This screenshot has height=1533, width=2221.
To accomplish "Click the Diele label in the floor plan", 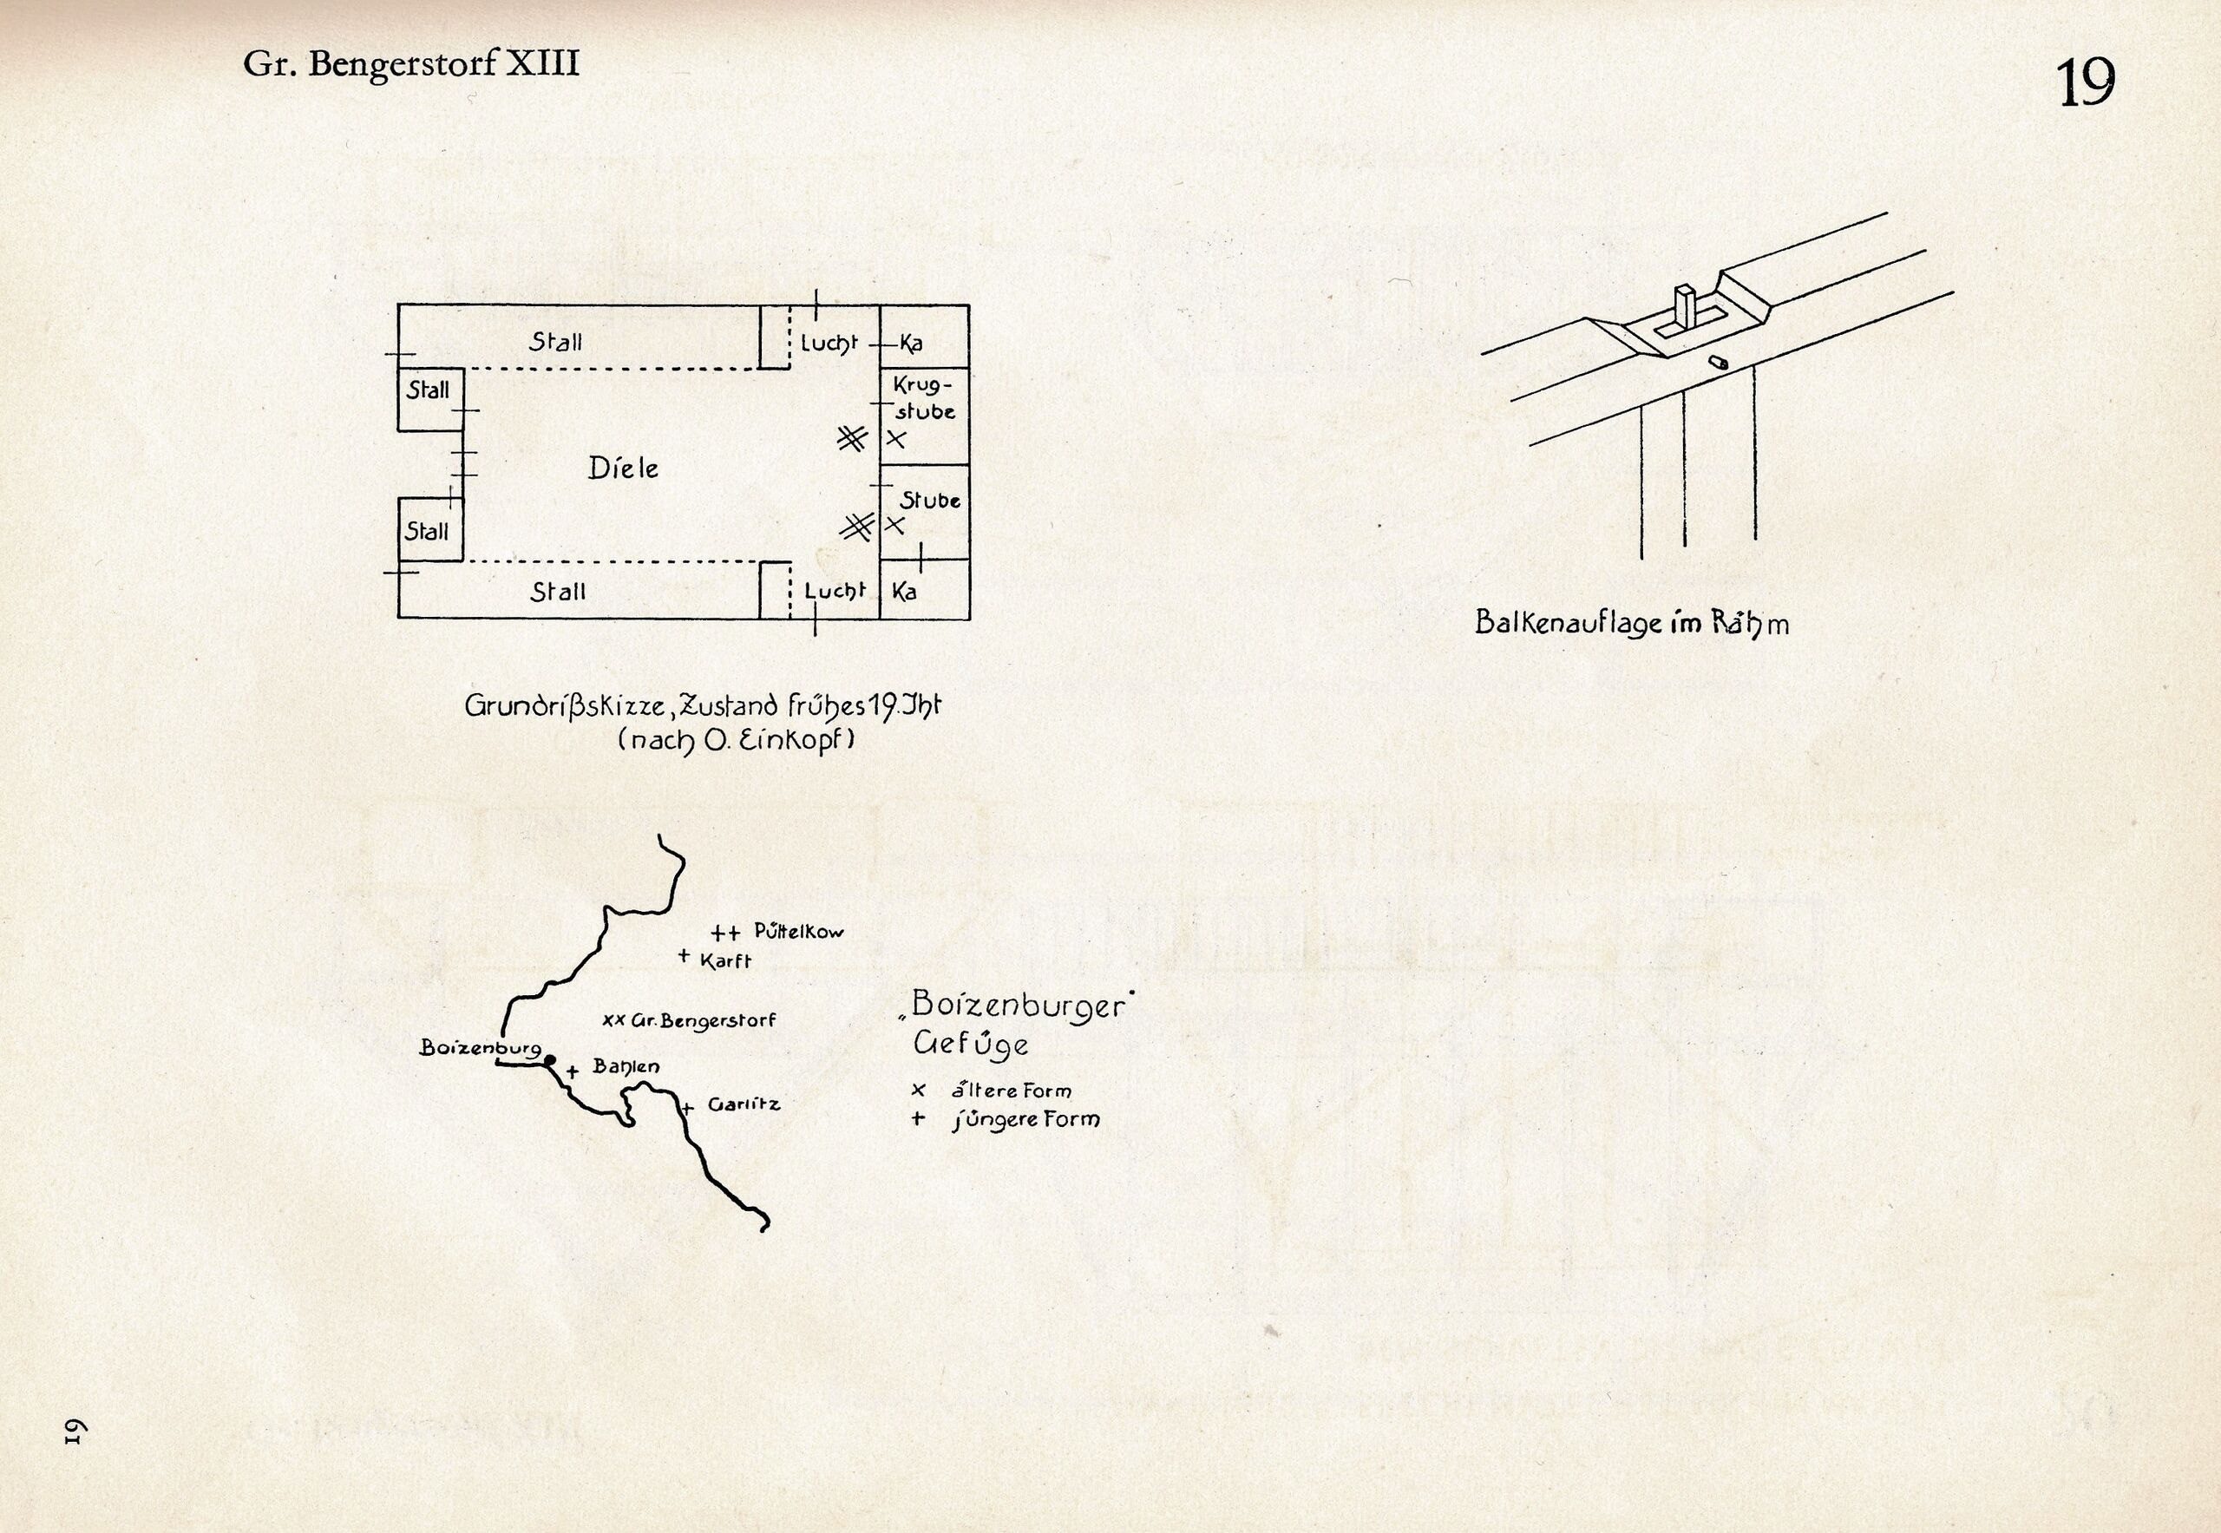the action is tap(624, 468).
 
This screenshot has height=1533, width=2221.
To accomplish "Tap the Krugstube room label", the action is tap(924, 398).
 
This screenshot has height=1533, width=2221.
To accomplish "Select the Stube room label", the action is tap(930, 501).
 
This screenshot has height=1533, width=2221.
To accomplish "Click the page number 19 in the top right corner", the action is tap(2086, 83).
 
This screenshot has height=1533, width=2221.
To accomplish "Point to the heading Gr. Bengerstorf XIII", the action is tap(411, 64).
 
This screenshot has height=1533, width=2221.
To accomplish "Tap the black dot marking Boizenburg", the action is tap(549, 1060).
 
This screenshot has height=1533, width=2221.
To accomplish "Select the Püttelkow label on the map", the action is tap(798, 930).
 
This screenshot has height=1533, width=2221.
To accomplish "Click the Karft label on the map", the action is tap(725, 961).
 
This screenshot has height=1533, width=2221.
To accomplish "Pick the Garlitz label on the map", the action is tap(744, 1104).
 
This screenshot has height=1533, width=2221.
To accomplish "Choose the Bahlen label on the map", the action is tap(626, 1066).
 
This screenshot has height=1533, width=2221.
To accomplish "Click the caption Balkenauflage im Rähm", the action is tap(1631, 625).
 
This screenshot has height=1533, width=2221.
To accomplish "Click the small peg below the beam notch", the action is tap(1718, 362).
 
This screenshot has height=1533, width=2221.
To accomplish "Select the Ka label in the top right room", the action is tap(911, 344).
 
